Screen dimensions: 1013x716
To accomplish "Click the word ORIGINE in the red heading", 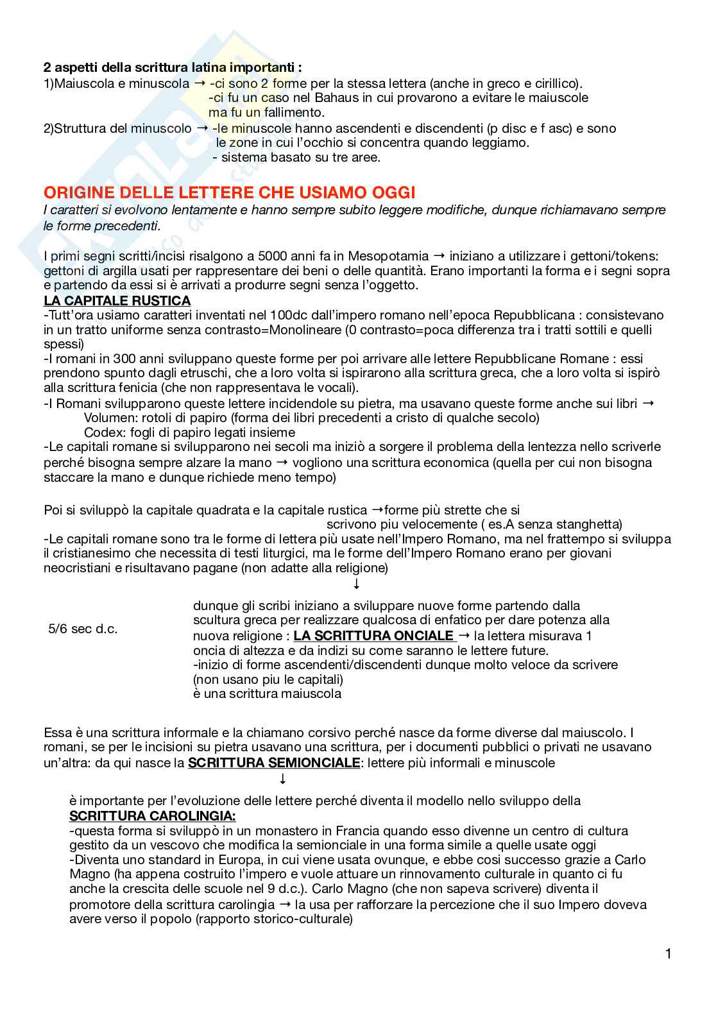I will point(76,192).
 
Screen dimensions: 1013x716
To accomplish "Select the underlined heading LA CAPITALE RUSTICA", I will point(117,301).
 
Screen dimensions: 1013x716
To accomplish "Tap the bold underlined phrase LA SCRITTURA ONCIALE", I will point(374,636).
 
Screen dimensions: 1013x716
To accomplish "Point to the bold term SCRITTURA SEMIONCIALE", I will point(274,763).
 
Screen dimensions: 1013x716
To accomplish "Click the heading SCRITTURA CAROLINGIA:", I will point(152,816).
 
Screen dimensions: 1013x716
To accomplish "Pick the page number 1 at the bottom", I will point(669,954).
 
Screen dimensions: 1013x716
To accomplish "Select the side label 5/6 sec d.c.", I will point(83,629).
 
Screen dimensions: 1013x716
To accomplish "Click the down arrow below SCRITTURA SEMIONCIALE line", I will point(282,779).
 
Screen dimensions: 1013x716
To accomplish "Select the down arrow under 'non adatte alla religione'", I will point(357,584).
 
